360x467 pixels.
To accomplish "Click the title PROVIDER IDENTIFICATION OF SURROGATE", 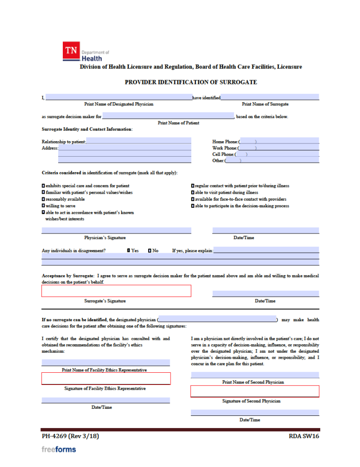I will pyautogui.click(x=191, y=82).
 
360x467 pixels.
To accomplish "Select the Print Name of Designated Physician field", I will pyautogui.click(x=119, y=98).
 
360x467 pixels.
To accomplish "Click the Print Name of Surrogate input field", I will pyautogui.click(x=270, y=98).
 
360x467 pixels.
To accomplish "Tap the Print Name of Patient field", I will pyautogui.click(x=168, y=116).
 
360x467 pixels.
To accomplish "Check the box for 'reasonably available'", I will pyautogui.click(x=43, y=199).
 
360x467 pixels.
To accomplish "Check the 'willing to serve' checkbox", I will pyautogui.click(x=43, y=206).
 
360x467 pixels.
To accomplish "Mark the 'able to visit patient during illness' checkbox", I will pyautogui.click(x=193, y=193).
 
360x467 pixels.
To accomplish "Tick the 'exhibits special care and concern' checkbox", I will pyautogui.click(x=43, y=186).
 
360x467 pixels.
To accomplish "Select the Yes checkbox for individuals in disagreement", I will pyautogui.click(x=128, y=251).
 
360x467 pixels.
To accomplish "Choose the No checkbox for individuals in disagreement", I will pyautogui.click(x=150, y=251).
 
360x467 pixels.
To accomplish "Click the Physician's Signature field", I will pyautogui.click(x=116, y=230).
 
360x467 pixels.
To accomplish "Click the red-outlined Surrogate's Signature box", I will pyautogui.click(x=116, y=291).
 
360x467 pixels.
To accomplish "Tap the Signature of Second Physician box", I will pyautogui.click(x=255, y=392).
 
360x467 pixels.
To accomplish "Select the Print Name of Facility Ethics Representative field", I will pyautogui.click(x=105, y=362).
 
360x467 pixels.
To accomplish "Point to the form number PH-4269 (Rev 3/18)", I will pyautogui.click(x=70, y=437).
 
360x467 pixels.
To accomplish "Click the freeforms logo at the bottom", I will pyautogui.click(x=59, y=449).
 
